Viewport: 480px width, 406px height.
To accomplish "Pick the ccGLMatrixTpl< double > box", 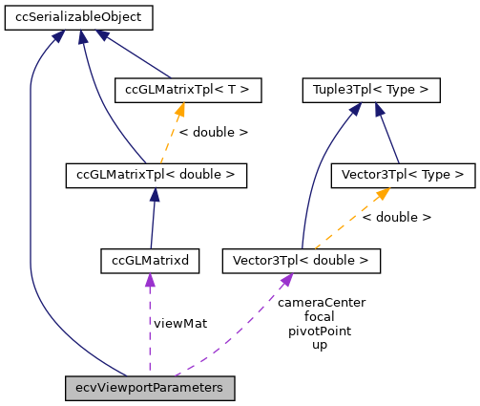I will point(156,175).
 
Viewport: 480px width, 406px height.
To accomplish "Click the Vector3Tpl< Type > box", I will point(402,175).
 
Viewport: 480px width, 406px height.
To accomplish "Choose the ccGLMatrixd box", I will point(150,259).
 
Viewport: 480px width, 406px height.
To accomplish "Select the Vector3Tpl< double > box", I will point(301,259).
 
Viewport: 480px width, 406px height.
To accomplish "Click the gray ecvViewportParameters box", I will point(150,388).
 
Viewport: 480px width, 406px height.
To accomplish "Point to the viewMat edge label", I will point(179,323).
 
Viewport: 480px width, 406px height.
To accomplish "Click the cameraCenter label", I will point(321,302).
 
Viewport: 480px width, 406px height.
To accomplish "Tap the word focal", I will point(321,315).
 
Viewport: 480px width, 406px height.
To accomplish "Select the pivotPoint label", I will point(321,330).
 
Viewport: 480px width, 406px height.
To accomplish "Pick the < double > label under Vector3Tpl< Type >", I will point(397,217).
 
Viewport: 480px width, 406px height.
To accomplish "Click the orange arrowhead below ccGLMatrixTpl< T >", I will point(179,111).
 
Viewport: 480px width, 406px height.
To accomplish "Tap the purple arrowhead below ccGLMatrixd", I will point(150,279).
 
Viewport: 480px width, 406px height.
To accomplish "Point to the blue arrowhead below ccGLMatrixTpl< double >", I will point(155,195).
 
